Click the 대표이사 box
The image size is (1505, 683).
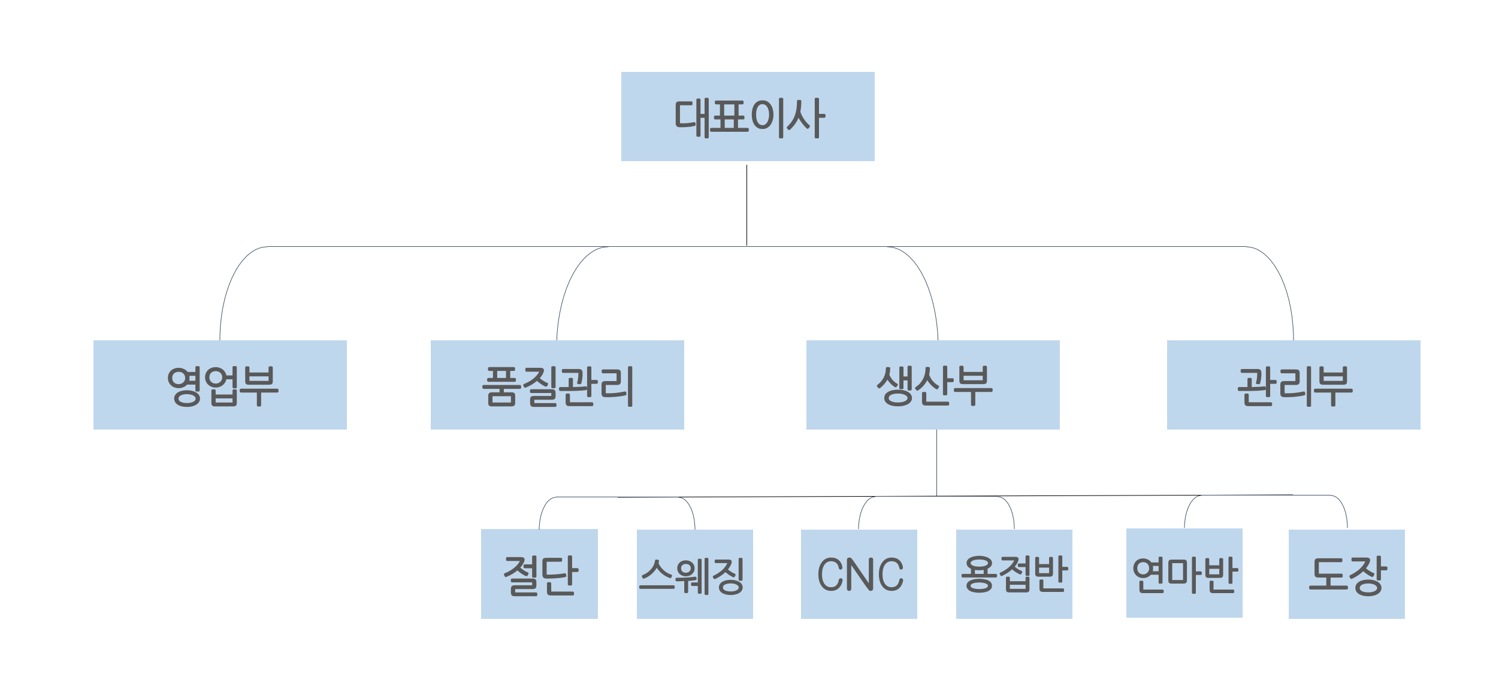click(748, 116)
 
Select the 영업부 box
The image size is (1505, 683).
click(220, 385)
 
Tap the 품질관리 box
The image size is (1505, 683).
click(557, 385)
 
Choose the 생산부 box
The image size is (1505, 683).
click(933, 385)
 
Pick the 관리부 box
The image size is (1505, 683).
click(1294, 385)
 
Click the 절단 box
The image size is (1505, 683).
click(539, 574)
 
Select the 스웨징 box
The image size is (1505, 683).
click(694, 574)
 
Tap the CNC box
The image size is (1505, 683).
click(859, 574)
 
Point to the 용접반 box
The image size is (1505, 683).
click(1014, 574)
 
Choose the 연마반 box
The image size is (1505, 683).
click(1184, 573)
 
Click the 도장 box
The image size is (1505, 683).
click(1346, 574)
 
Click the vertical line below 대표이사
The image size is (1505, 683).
click(747, 204)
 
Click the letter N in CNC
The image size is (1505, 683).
click(860, 574)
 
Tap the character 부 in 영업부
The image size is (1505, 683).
click(259, 386)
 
